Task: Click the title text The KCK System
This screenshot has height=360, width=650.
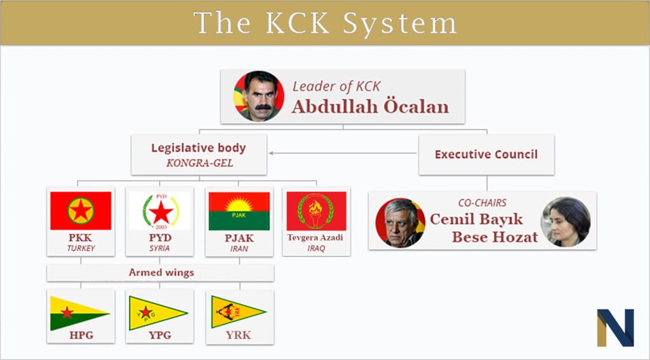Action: point(325,23)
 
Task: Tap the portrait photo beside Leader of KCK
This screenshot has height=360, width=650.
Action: point(259,97)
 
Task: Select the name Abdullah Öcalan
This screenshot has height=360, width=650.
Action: point(370,107)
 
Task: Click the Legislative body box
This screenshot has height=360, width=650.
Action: point(199,154)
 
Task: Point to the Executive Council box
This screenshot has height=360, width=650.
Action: point(486,154)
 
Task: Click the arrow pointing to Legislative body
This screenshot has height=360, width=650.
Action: point(343,153)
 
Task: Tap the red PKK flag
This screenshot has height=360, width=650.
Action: point(81,211)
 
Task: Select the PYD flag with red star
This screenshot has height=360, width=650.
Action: point(160,211)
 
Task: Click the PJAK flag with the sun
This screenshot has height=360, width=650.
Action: point(239,211)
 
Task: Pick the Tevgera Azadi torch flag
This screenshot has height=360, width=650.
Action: point(316,211)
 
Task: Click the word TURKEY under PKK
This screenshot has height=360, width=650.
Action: point(81,248)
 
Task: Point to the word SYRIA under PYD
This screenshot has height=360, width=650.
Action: point(159,248)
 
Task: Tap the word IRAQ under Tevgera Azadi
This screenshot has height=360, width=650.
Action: point(316,248)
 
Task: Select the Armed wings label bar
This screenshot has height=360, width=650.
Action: point(161,273)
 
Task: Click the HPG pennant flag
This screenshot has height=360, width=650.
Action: point(80,313)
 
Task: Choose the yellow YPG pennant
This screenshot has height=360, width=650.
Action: point(158,313)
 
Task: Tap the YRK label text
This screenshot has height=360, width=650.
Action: point(239,335)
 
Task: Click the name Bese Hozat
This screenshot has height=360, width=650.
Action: point(494,237)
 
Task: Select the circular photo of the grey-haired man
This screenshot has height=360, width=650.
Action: point(401,223)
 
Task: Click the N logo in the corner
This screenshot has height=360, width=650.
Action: point(615,327)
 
